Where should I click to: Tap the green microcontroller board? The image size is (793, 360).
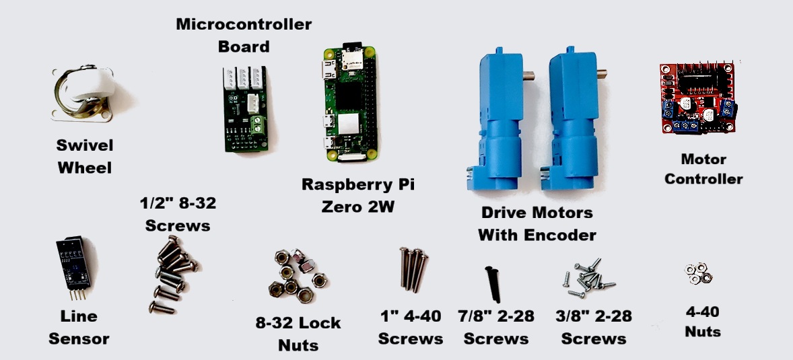[x=243, y=108]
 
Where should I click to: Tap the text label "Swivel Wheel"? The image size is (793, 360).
[x=84, y=157]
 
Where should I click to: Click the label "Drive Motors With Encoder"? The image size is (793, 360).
[x=537, y=224]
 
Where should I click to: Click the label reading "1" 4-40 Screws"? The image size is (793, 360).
[x=410, y=328]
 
